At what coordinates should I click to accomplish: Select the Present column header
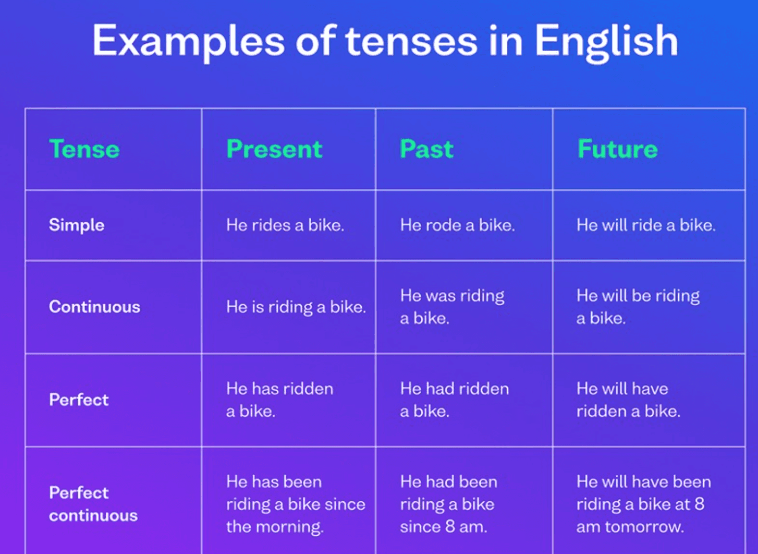pyautogui.click(x=274, y=149)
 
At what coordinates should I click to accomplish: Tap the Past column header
pyautogui.click(x=426, y=149)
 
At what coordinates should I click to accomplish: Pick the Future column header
pyautogui.click(x=618, y=149)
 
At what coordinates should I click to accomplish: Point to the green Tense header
pyautogui.click(x=84, y=149)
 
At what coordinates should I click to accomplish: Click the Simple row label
pyautogui.click(x=77, y=225)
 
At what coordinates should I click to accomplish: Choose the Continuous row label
pyautogui.click(x=95, y=307)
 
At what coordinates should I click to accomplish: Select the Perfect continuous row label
pyautogui.click(x=93, y=504)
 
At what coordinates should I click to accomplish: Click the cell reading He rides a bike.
pyautogui.click(x=285, y=225)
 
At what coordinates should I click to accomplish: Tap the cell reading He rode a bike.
pyautogui.click(x=458, y=225)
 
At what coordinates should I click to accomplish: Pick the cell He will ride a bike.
pyautogui.click(x=646, y=225)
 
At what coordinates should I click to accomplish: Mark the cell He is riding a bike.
pyautogui.click(x=296, y=307)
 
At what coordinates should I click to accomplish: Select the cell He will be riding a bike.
pyautogui.click(x=638, y=307)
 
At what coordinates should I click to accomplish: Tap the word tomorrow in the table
pyautogui.click(x=644, y=527)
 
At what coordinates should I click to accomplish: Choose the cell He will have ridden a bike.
pyautogui.click(x=628, y=400)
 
